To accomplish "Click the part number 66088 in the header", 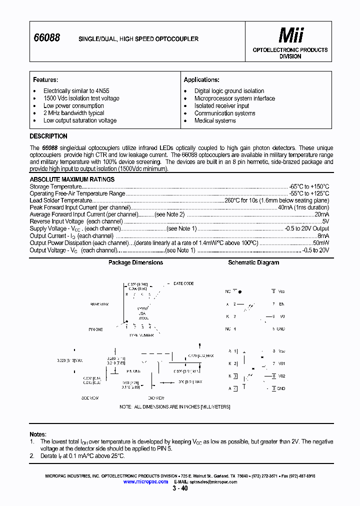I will (x=46, y=38).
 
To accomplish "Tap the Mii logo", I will (x=290, y=35).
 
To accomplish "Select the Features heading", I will (x=45, y=80).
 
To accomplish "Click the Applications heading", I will (x=201, y=80).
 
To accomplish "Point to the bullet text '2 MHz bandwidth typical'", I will (x=73, y=113).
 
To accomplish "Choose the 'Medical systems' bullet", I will (x=215, y=120).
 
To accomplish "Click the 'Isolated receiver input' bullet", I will (x=221, y=106).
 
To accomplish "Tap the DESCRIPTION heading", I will (x=48, y=136).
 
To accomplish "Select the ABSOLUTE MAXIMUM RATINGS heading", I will (x=72, y=179).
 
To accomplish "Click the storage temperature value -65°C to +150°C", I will (x=308, y=186).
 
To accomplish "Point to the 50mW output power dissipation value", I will (x=320, y=243).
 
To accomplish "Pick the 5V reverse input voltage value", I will (x=325, y=221).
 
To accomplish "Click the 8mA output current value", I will (x=323, y=235).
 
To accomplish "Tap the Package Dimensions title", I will (x=135, y=262).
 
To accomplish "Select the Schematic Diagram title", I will (x=253, y=262).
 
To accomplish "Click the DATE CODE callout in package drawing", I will (x=183, y=283).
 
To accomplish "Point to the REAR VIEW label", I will (x=99, y=304).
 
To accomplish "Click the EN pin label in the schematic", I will (x=281, y=303).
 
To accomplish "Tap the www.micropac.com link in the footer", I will (x=145, y=481).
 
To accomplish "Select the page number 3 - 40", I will (x=180, y=488).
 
